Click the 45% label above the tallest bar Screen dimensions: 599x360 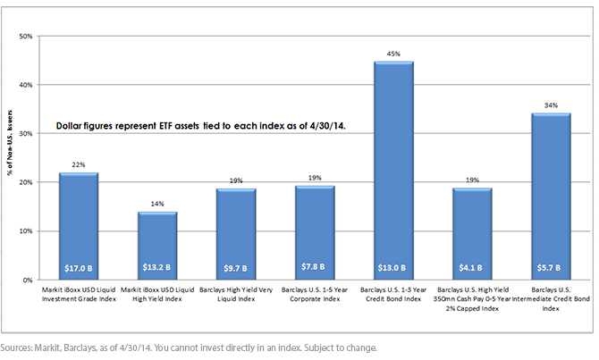point(393,54)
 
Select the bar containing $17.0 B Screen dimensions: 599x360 point(79,226)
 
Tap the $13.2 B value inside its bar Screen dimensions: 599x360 point(156,267)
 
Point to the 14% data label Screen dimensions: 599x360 point(157,204)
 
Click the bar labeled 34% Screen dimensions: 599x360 point(551,197)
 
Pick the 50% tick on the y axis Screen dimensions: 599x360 point(26,37)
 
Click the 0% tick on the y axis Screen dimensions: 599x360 point(28,280)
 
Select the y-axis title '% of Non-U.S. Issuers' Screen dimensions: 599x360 point(10,143)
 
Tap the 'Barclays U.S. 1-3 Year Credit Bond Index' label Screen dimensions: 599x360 point(393,294)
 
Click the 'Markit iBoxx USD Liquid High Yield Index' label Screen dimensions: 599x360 point(157,294)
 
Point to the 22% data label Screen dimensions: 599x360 point(79,165)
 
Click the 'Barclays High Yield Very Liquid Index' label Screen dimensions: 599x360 point(236,294)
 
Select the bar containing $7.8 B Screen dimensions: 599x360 point(315,233)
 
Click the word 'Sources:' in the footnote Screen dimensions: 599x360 point(16,347)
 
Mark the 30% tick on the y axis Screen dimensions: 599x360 point(26,134)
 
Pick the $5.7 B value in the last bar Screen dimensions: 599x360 point(549,268)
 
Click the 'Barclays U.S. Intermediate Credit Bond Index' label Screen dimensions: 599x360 point(551,299)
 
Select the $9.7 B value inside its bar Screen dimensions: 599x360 point(235,268)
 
